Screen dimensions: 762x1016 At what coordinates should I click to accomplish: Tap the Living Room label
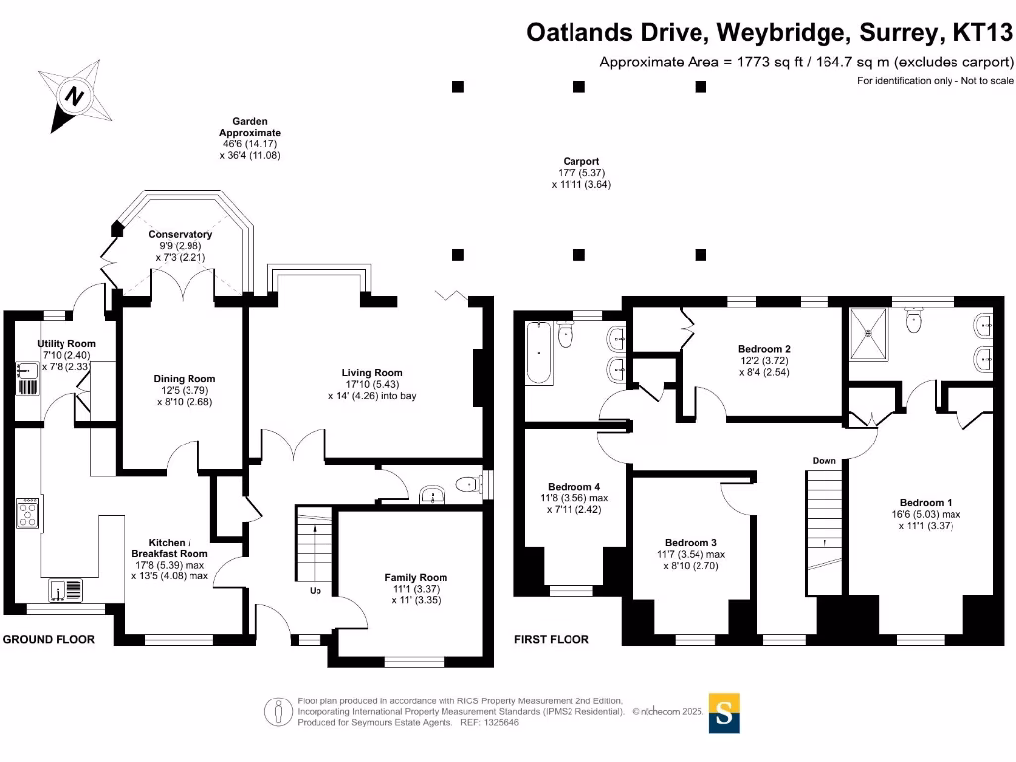coord(373,373)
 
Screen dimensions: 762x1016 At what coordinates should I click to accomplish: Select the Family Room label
coord(416,577)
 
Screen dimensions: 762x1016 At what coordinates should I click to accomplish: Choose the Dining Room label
coord(184,379)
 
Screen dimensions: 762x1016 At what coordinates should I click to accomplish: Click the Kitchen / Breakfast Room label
coord(170,548)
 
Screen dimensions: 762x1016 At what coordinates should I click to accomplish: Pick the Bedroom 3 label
coord(691,543)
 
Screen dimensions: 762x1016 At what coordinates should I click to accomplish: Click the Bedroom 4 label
coord(573,486)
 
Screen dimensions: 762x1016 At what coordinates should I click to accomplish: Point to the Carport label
coord(580,161)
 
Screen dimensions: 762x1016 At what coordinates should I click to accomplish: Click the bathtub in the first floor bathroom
coord(540,353)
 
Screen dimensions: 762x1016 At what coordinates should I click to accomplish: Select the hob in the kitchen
coord(27,513)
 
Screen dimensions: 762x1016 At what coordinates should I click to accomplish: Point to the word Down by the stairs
coord(824,461)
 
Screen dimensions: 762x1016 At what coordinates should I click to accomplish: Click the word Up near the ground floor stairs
coord(316,591)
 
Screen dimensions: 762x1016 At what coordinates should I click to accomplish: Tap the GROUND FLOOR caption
coord(49,640)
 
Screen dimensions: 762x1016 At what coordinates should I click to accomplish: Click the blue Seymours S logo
coord(725,712)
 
